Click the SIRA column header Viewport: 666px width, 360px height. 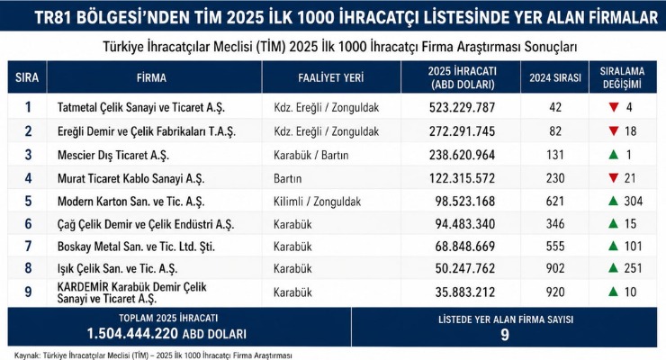(27, 77)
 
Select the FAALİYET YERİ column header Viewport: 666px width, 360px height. (331, 77)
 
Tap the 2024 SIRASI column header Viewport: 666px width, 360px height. (555, 77)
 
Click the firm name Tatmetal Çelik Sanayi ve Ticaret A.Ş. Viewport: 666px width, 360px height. (141, 107)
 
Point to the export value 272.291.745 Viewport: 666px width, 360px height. (462, 131)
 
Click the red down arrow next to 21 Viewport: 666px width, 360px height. (613, 177)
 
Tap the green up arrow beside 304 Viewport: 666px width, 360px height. (613, 201)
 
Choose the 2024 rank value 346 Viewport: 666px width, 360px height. (555, 224)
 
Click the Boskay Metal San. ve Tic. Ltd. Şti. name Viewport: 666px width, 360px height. (136, 247)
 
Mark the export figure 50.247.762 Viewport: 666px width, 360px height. (465, 268)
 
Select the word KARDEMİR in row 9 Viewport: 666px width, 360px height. (83, 287)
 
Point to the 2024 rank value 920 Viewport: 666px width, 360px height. (555, 292)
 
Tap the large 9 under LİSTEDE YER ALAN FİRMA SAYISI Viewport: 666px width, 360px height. (505, 336)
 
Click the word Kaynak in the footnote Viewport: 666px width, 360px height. (27, 355)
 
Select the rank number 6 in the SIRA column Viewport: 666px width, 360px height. (28, 224)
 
